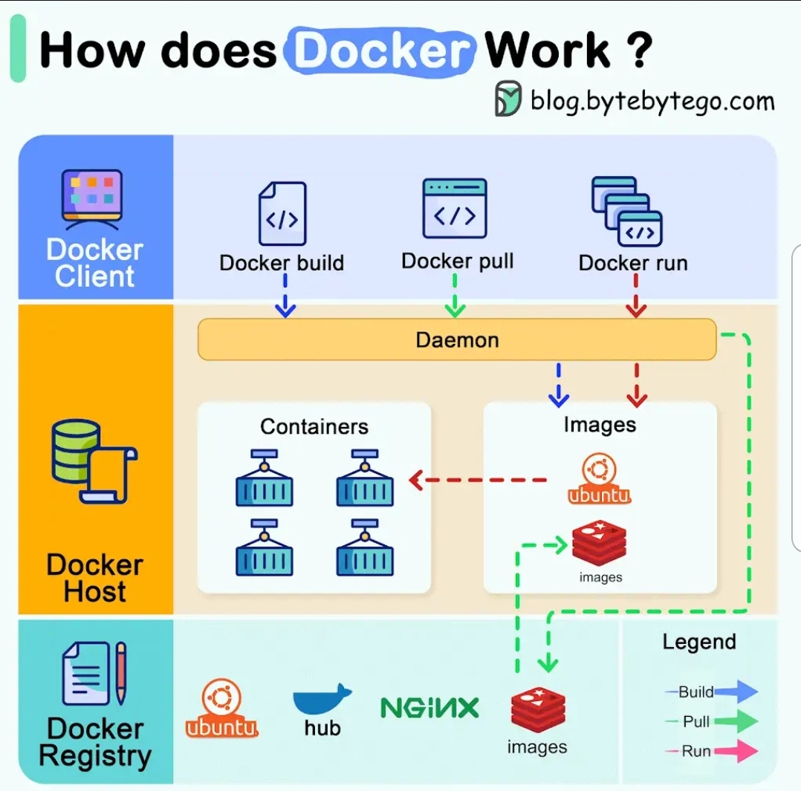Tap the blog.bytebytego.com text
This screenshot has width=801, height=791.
[x=652, y=100]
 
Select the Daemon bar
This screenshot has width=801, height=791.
[x=457, y=340]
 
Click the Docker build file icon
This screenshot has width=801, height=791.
[x=282, y=214]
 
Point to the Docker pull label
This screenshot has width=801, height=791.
[x=457, y=261]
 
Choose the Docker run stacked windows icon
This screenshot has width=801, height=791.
[x=626, y=212]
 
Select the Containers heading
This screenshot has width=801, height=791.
[x=314, y=426]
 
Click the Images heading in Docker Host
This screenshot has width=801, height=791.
[x=600, y=424]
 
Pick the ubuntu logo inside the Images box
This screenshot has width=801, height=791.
[x=600, y=481]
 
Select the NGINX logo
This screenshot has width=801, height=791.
[x=429, y=707]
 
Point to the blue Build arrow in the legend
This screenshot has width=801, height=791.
[x=736, y=691]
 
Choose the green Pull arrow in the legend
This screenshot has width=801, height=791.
[x=736, y=721]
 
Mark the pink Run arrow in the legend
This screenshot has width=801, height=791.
[x=736, y=751]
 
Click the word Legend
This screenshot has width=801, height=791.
[x=699, y=642]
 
